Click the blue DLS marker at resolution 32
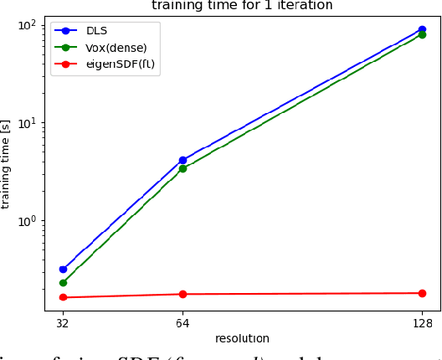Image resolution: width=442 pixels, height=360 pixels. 63,270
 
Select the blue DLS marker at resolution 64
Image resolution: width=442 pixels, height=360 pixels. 182,160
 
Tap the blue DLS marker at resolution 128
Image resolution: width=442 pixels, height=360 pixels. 422,29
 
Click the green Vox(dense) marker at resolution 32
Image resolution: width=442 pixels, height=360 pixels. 63,283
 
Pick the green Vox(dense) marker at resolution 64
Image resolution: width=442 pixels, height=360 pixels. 182,168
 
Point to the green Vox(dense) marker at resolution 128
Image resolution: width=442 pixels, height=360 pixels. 422,35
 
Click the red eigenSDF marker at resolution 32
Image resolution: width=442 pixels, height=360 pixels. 63,297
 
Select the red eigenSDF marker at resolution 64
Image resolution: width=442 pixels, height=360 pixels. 182,294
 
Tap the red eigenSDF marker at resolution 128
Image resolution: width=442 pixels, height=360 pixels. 422,293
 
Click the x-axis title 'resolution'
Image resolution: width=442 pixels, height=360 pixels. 242,338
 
